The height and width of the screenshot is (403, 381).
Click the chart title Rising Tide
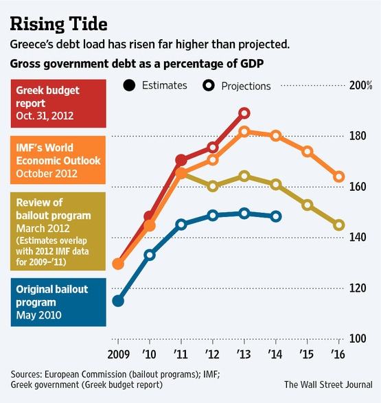(58, 24)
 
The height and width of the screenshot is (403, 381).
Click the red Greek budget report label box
(58, 104)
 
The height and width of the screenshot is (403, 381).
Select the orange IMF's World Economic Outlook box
(58, 160)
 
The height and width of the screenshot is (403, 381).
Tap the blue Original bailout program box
(58, 302)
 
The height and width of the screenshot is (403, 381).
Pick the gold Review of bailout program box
(58, 231)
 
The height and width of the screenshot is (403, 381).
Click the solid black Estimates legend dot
(129, 85)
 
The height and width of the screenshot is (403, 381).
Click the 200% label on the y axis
(360, 85)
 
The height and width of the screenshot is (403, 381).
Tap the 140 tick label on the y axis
(358, 238)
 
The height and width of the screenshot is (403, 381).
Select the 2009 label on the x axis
(119, 354)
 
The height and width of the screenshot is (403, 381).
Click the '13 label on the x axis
(244, 354)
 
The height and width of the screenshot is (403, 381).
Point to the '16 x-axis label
(338, 354)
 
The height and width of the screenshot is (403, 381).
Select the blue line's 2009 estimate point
(118, 301)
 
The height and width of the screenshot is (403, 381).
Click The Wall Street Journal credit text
(328, 384)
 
